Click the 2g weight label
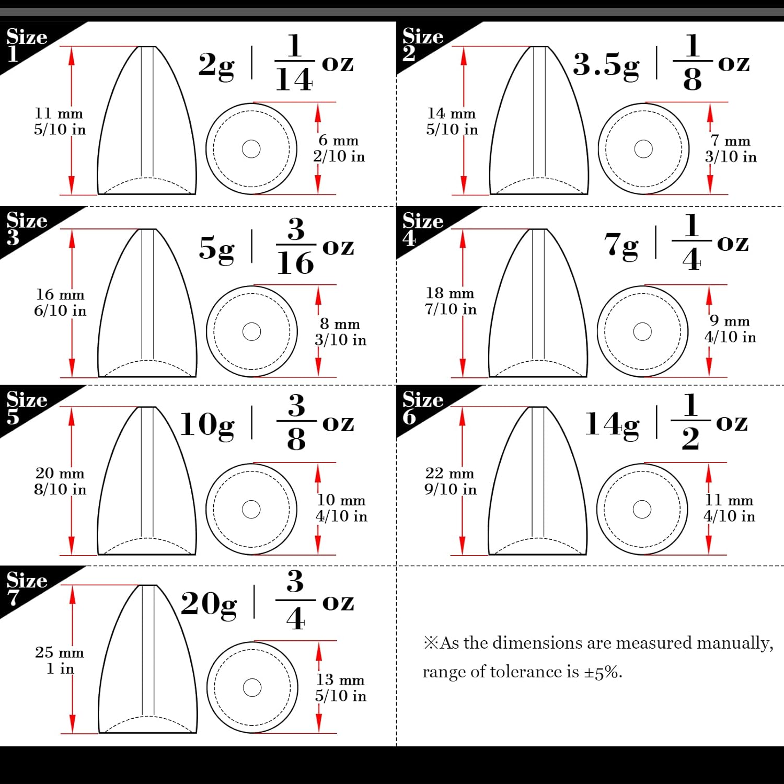click(216, 66)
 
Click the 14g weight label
click(612, 424)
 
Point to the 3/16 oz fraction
click(296, 246)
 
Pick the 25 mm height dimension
click(60, 652)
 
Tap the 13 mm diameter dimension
click(340, 679)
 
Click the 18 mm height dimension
click(450, 293)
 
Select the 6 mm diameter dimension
click(339, 141)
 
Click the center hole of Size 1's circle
click(251, 149)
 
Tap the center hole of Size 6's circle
click(642, 509)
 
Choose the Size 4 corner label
click(422, 229)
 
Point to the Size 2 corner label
click(422, 44)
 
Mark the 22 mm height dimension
click(449, 474)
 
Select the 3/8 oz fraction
click(296, 422)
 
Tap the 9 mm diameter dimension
click(730, 320)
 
